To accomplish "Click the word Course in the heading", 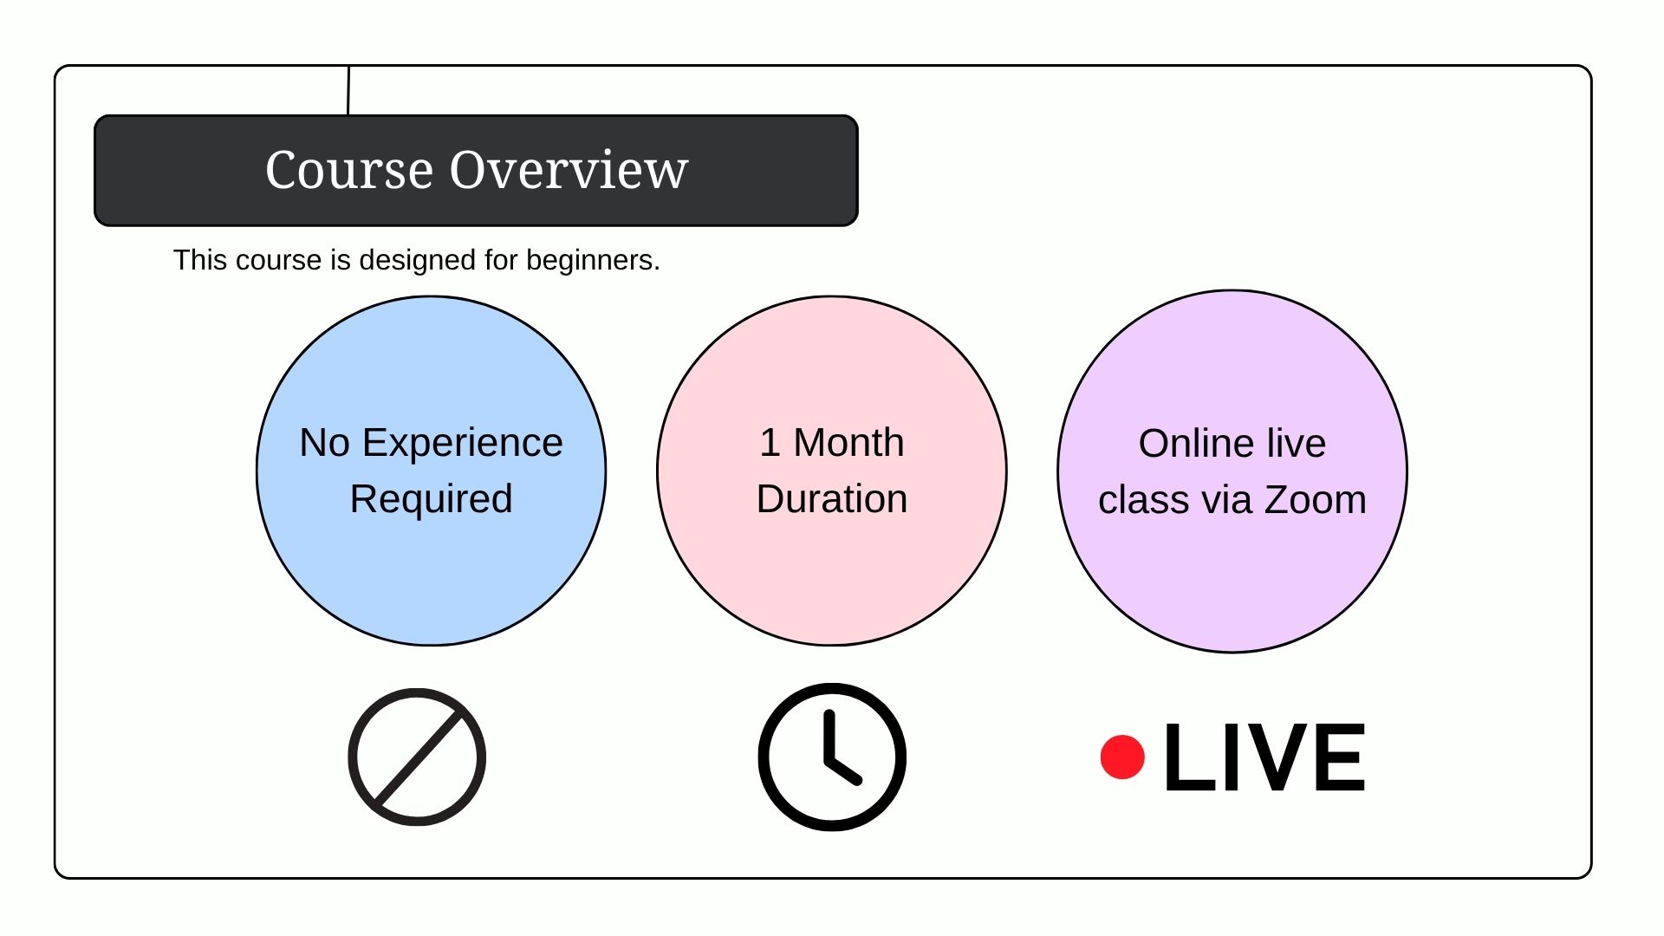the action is (x=348, y=169).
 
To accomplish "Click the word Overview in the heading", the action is (x=569, y=169).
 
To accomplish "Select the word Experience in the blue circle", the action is (x=463, y=444).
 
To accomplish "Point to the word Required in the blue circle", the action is (x=432, y=499).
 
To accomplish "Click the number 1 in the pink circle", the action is (x=770, y=443).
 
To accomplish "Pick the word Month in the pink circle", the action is (x=848, y=443).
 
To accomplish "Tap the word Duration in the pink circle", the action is (x=832, y=499).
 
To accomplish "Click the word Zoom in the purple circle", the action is (x=1316, y=500).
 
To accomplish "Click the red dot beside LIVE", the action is (x=1122, y=757).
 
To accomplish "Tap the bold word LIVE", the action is (x=1264, y=757).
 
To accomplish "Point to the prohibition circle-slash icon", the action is (x=417, y=757).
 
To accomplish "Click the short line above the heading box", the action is (x=348, y=90).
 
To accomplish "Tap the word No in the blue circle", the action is (x=324, y=443).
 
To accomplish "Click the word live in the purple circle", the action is (x=1297, y=444).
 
